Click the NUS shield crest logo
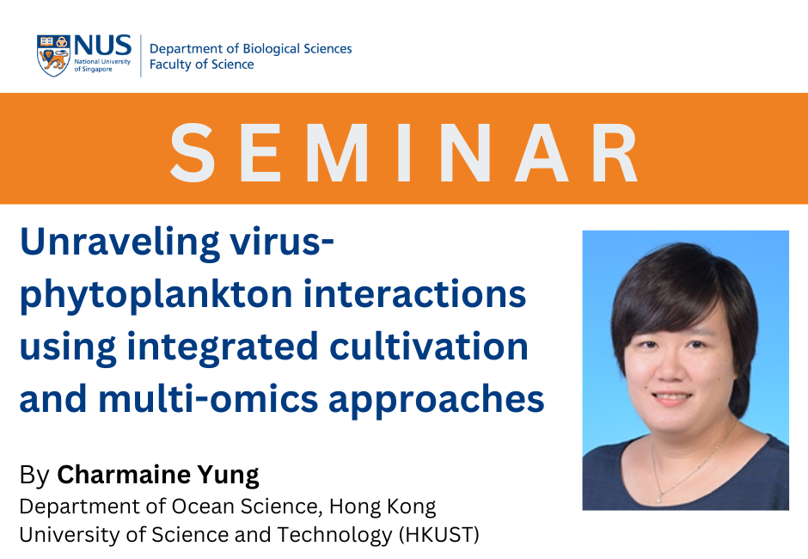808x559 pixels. click(x=53, y=56)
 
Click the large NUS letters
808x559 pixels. click(x=102, y=46)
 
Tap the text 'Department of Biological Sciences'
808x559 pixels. click(x=250, y=48)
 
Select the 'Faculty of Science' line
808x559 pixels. click(x=201, y=64)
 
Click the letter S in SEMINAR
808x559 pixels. click(x=193, y=153)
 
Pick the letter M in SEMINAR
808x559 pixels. click(x=338, y=153)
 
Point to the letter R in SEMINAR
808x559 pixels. click(x=615, y=153)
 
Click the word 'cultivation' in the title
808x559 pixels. click(x=429, y=346)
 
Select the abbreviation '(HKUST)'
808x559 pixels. click(x=439, y=535)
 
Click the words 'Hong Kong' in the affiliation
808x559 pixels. click(x=383, y=507)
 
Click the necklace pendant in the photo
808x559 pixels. click(x=659, y=499)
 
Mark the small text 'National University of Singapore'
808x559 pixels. click(x=102, y=65)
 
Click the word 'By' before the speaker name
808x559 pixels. click(x=34, y=476)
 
